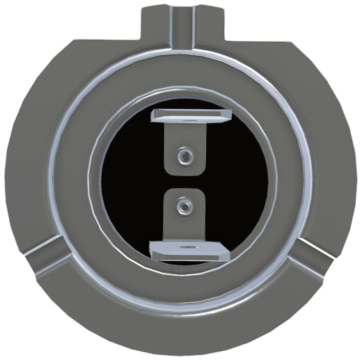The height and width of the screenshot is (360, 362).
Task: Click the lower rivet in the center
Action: click(183, 205)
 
